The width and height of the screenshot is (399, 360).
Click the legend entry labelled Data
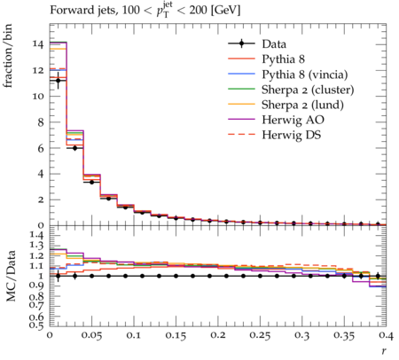(x=274, y=44)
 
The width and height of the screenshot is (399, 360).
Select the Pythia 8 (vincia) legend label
(x=305, y=74)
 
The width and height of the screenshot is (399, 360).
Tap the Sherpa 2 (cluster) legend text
(x=308, y=90)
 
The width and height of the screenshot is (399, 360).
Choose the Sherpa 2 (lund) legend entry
(x=302, y=105)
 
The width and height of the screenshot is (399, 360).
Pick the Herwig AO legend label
(x=293, y=120)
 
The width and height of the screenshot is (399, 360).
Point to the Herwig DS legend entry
(x=292, y=135)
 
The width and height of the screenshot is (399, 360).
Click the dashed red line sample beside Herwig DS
(x=241, y=135)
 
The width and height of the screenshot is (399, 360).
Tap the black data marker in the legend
(x=241, y=44)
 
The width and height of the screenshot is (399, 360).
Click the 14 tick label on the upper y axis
(x=38, y=44)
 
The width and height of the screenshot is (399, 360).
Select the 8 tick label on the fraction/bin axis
(x=41, y=122)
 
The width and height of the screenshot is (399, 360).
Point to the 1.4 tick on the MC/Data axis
(x=37, y=235)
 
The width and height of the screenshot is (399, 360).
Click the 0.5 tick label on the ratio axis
(x=37, y=325)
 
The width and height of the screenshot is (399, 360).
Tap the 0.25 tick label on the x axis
(x=260, y=335)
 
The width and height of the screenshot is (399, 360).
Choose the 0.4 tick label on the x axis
(x=387, y=335)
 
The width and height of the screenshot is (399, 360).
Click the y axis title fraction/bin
(x=8, y=56)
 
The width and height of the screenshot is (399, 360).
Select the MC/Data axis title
(x=11, y=276)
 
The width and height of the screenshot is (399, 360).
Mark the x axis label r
(x=384, y=351)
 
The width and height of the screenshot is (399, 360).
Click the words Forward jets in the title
(x=83, y=11)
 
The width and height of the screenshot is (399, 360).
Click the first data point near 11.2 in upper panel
(x=59, y=81)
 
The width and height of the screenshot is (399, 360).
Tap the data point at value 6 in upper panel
(x=74, y=148)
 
